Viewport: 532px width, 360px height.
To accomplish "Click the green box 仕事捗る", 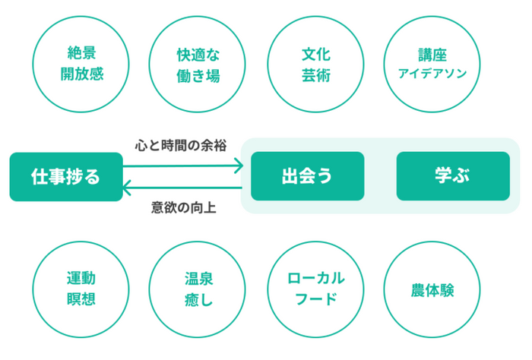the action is (66, 177).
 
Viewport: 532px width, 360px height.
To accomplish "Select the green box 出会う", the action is (307, 176).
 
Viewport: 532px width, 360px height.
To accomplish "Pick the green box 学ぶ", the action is (453, 176).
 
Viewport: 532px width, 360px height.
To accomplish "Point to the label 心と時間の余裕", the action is (181, 145).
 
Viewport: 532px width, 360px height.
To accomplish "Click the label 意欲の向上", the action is (184, 207).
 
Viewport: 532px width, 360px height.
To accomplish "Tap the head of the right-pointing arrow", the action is (242, 166).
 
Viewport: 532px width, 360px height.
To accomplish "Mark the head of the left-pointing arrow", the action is (123, 188).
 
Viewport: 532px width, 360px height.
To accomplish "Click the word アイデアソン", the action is (432, 74).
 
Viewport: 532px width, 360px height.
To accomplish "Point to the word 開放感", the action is (82, 74).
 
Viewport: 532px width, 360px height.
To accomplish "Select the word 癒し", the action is (198, 300).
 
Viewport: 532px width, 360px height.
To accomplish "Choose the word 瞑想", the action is (81, 299).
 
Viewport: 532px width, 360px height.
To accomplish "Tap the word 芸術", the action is (316, 75).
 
